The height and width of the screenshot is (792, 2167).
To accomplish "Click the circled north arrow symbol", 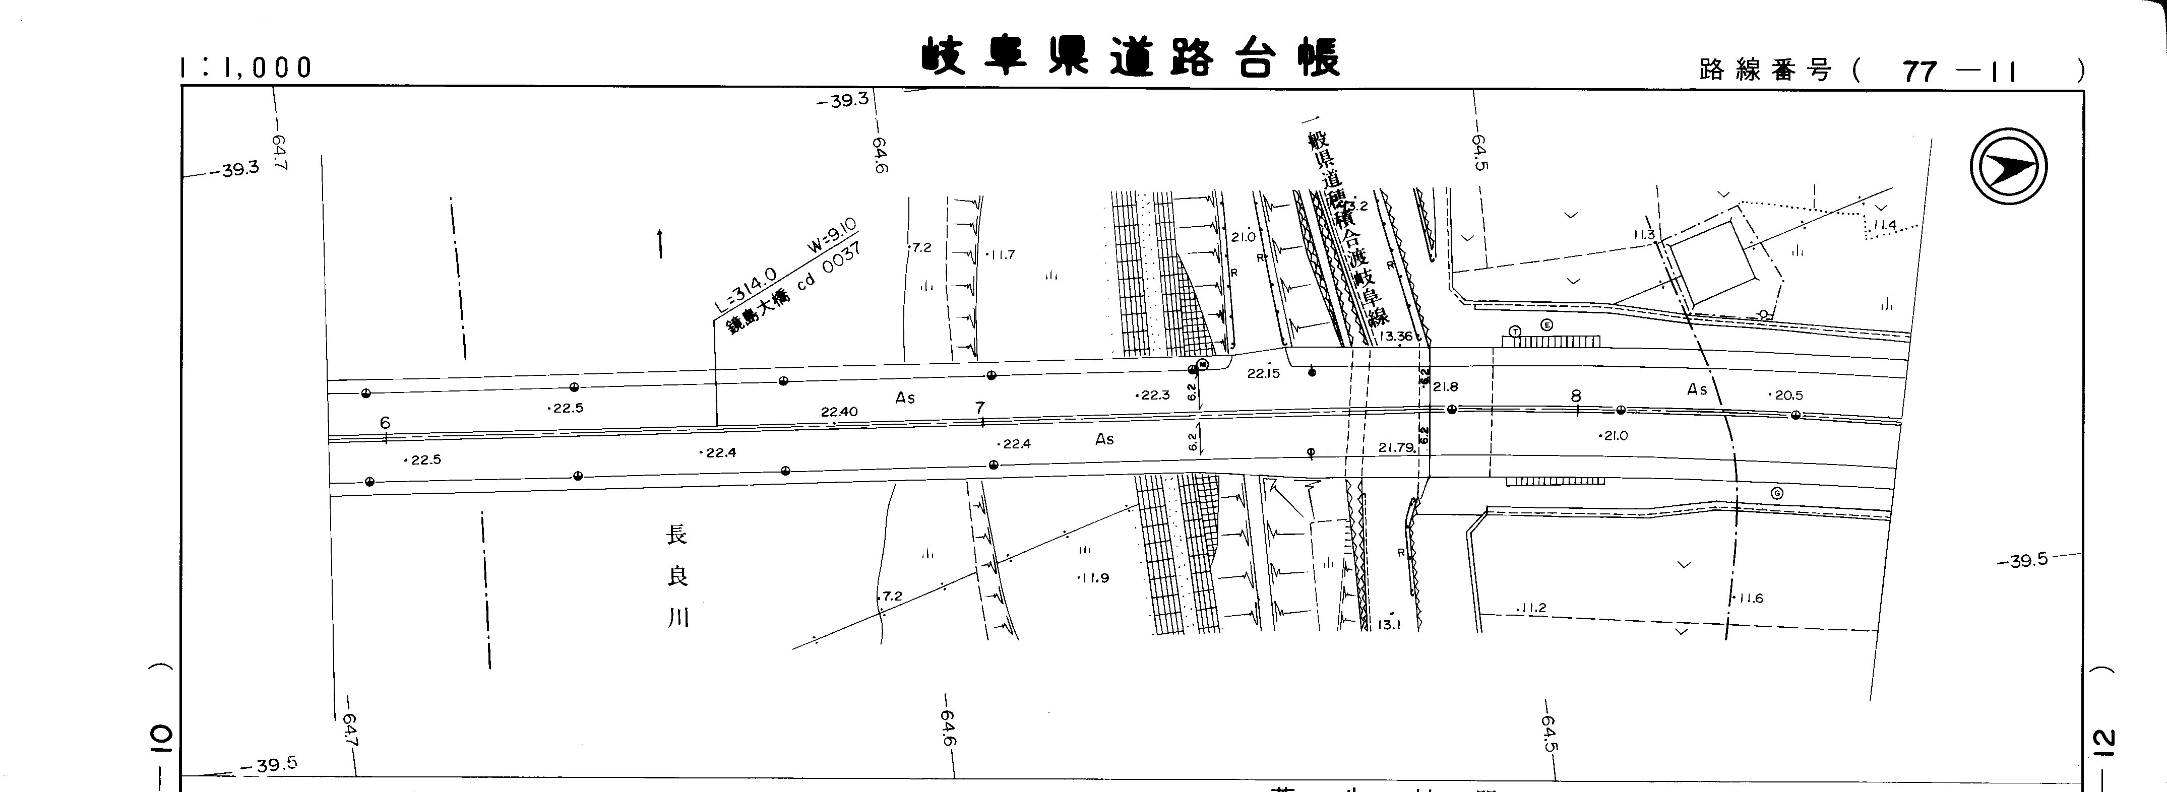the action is [x=2008, y=166].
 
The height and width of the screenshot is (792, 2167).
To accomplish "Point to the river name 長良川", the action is [x=677, y=577].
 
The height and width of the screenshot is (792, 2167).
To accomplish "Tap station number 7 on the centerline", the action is [x=979, y=408].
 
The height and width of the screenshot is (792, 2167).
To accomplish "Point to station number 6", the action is [x=385, y=423].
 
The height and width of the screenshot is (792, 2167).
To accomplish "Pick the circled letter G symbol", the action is [x=1776, y=494].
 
